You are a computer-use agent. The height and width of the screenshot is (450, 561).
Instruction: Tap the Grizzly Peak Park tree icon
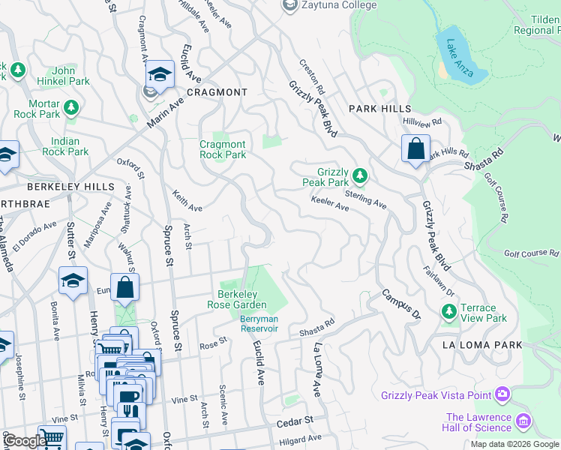point(360,175)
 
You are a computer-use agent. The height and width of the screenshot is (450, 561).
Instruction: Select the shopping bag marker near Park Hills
point(415,148)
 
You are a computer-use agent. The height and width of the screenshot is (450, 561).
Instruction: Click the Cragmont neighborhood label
point(217,92)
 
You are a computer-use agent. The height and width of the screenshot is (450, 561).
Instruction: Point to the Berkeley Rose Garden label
point(241,299)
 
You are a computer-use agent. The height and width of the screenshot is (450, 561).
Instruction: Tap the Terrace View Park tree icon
point(450,310)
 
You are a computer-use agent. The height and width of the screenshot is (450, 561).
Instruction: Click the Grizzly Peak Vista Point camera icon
point(502,394)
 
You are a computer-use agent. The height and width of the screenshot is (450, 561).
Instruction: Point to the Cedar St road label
point(293,422)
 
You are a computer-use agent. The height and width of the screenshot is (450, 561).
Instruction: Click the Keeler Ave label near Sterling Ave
point(330,202)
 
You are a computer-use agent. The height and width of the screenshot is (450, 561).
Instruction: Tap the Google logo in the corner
point(23,442)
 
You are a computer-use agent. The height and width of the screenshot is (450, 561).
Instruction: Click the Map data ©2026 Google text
point(514,444)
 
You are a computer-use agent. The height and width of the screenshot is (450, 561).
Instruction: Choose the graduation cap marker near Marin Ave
point(160,73)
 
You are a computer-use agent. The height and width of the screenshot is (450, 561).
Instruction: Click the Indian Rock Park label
point(70,146)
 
